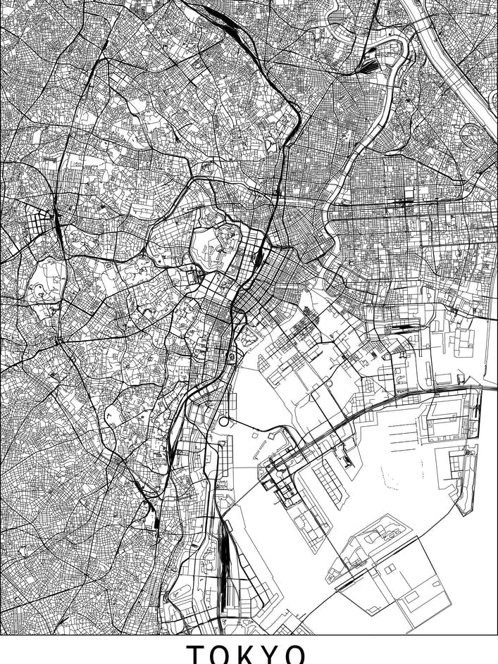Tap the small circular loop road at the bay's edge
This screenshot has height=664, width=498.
tap(224, 421)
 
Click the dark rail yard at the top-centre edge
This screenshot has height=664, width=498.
tap(218, 13)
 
